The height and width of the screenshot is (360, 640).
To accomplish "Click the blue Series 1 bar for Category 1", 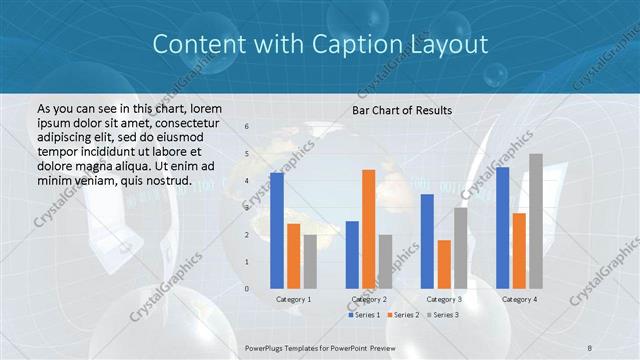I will coord(277,230).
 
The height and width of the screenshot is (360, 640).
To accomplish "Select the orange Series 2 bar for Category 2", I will coord(369,229).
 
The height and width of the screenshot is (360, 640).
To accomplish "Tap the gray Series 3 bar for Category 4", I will coord(536,221).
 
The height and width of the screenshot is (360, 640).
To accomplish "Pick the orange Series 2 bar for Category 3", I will coord(444,264).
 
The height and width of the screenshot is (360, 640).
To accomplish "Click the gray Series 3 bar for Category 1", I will coord(310,261).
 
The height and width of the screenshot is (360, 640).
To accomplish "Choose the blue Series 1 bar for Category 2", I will coord(352,254).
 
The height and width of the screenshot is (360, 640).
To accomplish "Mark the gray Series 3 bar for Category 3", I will coord(461,248).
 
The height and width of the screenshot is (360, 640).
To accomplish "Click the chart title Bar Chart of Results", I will coord(402,110).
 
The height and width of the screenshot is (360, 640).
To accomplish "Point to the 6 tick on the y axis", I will coord(248,127).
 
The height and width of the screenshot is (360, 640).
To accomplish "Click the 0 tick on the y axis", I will coord(248,289).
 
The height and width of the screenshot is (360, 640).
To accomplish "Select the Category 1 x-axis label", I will coord(293,299).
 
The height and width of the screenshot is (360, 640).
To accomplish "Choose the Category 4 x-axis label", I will coord(519,299).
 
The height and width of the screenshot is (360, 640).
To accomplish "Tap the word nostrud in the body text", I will coord(166,181).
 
